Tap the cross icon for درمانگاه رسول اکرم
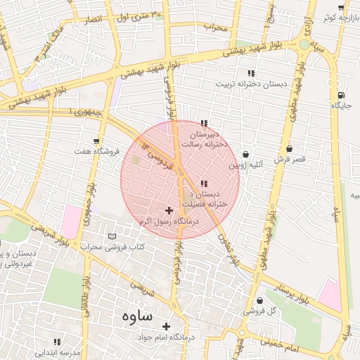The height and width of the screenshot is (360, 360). coord(169,210)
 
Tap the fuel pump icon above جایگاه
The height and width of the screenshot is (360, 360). coord(341,95)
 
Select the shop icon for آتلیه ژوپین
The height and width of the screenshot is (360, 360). coord(245,154)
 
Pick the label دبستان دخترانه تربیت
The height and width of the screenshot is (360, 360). coord(251,84)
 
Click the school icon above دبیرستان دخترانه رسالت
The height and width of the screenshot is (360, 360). coord(204,123)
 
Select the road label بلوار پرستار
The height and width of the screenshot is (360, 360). coord(291,289)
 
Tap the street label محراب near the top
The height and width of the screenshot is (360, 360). coord(217,27)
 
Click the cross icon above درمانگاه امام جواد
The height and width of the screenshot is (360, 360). coord(166,326)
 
